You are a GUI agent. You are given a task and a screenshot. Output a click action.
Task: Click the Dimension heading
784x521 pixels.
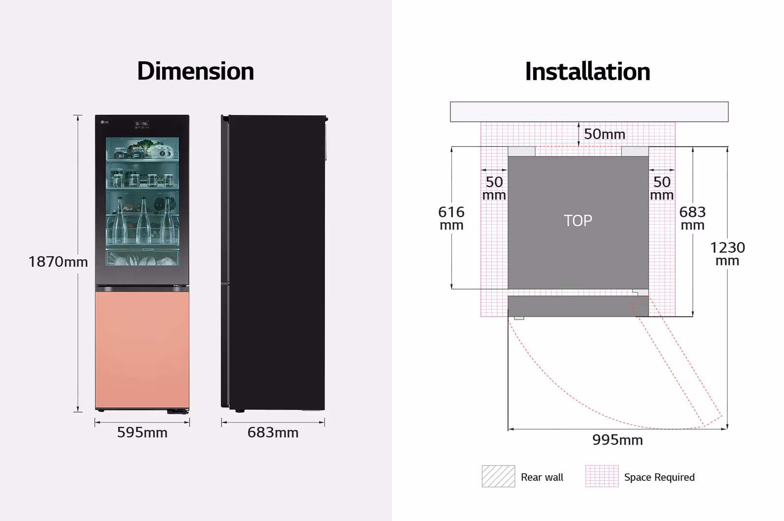point(196,72)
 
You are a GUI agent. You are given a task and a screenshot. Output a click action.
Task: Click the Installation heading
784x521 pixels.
point(588,72)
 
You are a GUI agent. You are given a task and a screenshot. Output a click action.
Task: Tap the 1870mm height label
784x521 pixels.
point(58,262)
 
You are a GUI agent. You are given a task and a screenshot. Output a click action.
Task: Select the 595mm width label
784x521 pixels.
point(142,433)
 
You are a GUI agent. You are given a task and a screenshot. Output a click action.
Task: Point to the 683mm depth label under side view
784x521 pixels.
point(273,433)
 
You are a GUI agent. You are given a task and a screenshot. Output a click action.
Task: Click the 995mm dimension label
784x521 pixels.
point(617,440)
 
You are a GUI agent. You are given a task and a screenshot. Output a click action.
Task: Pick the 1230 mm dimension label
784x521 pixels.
point(728,254)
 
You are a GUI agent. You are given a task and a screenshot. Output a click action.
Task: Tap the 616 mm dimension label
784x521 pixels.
point(451,218)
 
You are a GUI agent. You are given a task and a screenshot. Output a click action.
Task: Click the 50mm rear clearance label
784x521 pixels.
point(605,134)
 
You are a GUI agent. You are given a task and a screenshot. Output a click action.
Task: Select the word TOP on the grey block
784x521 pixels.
point(578,221)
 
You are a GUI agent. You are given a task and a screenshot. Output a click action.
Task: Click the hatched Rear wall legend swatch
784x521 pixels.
point(498,476)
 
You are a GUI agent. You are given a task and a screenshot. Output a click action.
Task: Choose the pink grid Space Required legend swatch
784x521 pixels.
point(602,476)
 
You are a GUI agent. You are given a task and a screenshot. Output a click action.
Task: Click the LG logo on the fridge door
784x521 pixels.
point(104,122)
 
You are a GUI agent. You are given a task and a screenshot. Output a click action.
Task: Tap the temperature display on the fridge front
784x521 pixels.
point(142,124)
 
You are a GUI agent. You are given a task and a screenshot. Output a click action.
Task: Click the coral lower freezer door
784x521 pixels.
point(142,349)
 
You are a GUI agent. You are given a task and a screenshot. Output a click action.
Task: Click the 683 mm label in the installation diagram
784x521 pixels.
point(692,218)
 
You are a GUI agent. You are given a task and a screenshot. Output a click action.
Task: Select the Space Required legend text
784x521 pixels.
point(659,477)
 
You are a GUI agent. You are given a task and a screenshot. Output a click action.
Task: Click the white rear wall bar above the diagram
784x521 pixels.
point(589,112)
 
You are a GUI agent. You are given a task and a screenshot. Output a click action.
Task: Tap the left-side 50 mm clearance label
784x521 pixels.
point(494,188)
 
